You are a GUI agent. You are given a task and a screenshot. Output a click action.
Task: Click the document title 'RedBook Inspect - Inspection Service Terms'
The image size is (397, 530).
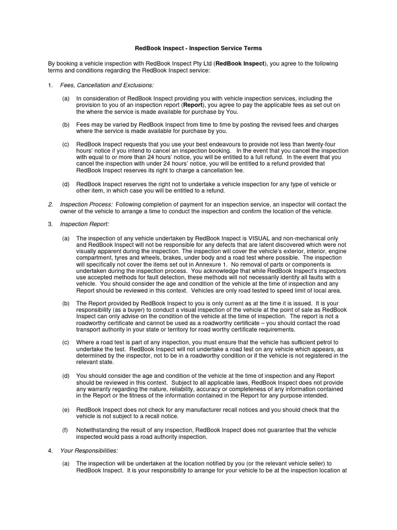coord(198,48)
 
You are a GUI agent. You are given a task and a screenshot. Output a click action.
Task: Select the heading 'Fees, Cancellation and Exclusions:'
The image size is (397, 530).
coord(107,85)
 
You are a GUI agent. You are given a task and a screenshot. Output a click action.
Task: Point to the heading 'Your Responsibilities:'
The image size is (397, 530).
coord(89,450)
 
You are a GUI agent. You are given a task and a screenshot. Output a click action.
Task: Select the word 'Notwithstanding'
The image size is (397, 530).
coord(99,430)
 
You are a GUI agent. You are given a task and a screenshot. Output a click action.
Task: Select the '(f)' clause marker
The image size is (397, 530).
coord(65,430)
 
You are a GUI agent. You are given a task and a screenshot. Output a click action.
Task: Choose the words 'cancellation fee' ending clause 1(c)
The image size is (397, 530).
coord(221,170)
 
